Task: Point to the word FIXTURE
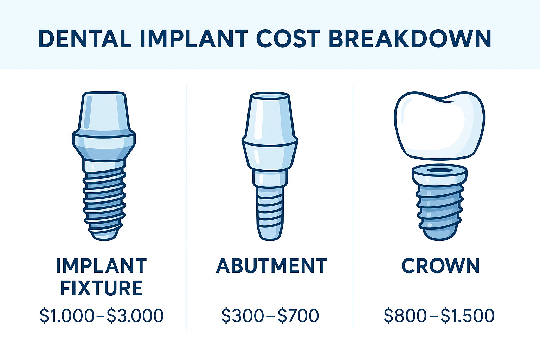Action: point(101,288)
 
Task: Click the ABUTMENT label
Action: point(271,266)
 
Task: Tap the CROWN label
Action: point(440,266)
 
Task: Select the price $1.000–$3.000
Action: point(101,315)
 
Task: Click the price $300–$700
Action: point(270,315)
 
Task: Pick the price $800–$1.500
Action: point(439,315)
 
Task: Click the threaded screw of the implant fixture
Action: point(104,200)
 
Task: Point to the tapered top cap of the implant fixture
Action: point(104,112)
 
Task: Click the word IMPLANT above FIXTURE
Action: point(101,266)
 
